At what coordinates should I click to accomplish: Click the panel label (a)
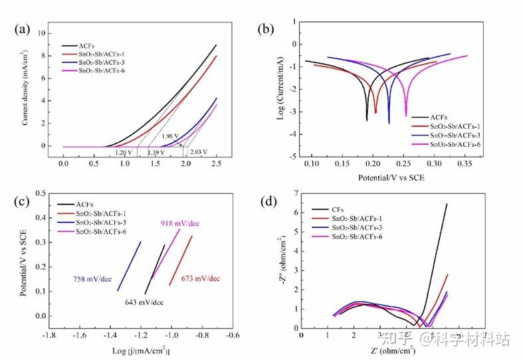[x=23, y=29]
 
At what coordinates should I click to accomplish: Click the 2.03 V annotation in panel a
[x=199, y=152]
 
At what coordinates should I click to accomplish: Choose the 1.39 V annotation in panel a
[x=157, y=152]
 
